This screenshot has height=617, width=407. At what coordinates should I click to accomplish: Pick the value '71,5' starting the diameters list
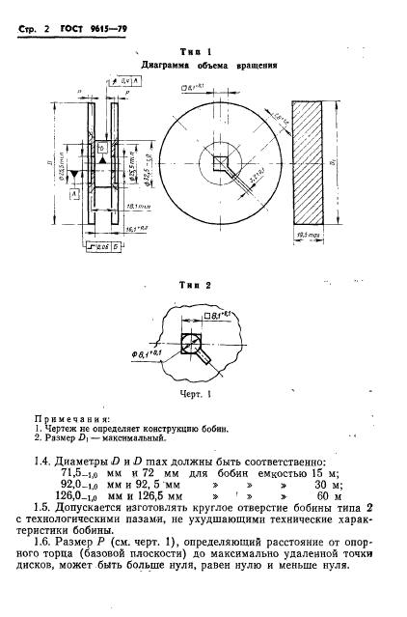coord(74,473)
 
